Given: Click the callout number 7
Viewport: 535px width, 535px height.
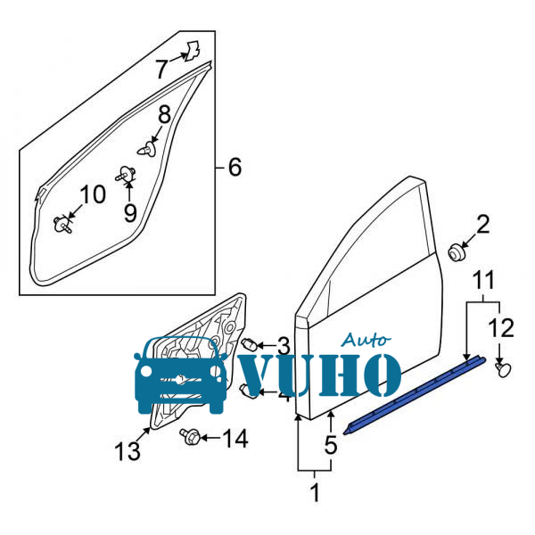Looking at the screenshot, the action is (162, 69).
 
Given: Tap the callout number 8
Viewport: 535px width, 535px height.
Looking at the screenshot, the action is (164, 114).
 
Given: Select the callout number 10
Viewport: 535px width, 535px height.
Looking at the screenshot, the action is (93, 194).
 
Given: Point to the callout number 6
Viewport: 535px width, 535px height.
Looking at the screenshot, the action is (235, 168).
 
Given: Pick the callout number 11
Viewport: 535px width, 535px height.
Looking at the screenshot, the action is (484, 280).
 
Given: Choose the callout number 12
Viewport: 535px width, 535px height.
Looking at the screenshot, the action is (501, 328).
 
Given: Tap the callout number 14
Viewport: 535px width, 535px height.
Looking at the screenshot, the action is (235, 439).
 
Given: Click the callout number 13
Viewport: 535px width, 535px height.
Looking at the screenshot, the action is (128, 451).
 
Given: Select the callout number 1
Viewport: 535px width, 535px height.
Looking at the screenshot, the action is (315, 492).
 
